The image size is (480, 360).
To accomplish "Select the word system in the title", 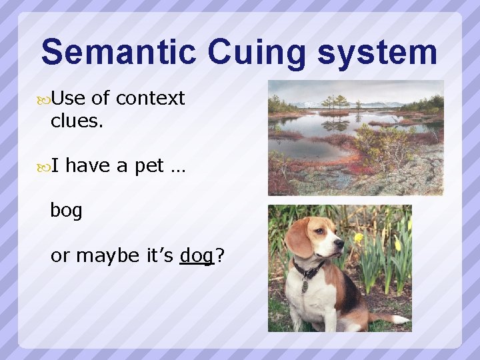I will [x=377, y=52].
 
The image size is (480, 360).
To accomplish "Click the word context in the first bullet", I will [x=149, y=99].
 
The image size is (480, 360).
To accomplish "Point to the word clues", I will [x=77, y=121].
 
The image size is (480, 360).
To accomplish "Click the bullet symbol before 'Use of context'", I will [x=44, y=99].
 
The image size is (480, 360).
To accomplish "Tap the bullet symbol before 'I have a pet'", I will [x=44, y=166].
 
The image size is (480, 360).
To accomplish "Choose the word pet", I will [x=149, y=166].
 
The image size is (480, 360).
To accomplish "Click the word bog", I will [x=67, y=211].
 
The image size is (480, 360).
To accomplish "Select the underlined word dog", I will [x=196, y=255].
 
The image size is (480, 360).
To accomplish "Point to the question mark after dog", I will [x=219, y=255].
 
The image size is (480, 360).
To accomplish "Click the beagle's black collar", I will [x=309, y=269].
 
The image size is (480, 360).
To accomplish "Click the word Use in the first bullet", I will [x=68, y=99].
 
